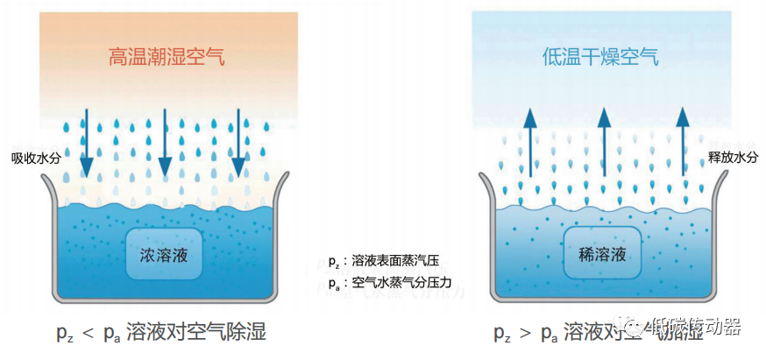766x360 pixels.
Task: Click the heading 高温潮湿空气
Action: pos(166,58)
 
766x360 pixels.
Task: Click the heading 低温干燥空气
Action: pos(599,58)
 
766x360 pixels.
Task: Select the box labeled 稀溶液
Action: pos(602,255)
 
